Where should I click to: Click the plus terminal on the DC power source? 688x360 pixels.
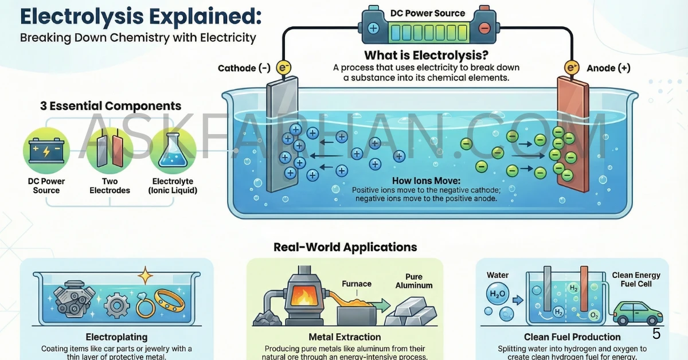374,27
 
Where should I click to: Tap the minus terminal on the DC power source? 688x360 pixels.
484,27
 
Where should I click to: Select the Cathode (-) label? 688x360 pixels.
244,68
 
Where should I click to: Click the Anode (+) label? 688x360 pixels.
608,68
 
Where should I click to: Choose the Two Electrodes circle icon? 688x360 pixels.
110,151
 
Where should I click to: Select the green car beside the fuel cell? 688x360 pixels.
637,312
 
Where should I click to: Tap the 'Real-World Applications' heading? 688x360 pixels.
345,248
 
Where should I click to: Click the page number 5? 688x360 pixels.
656,334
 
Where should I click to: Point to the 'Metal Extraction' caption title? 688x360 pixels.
345,337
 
